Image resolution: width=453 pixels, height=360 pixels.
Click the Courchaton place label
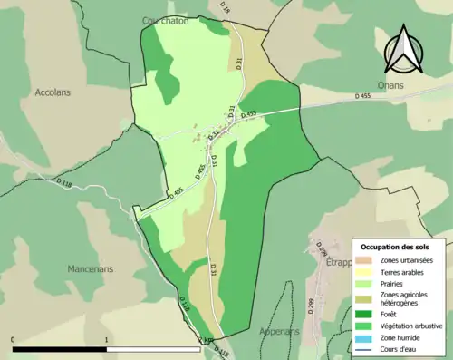click(x=164, y=19)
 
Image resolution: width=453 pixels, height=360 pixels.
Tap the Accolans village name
click(x=53, y=92)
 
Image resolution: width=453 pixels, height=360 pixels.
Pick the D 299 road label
click(x=311, y=306)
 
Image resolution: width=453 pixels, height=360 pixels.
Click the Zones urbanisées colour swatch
click(x=367, y=261)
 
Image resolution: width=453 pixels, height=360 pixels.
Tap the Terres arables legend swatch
click(x=367, y=272)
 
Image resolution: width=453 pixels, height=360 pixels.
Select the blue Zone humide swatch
click(x=367, y=336)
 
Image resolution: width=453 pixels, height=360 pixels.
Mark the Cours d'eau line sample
click(x=367, y=348)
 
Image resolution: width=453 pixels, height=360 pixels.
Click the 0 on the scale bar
click(x=13, y=341)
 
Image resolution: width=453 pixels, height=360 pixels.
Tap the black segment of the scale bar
click(x=60, y=349)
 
